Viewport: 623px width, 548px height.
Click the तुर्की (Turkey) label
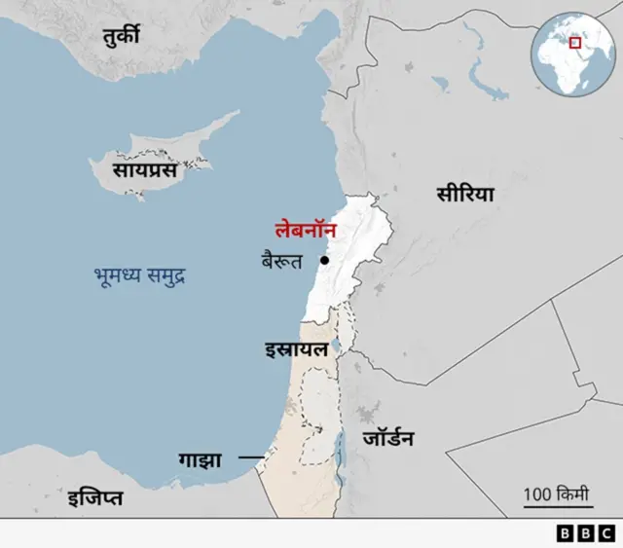[122, 37]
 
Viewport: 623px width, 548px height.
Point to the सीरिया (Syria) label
[464, 195]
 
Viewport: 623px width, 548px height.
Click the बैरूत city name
[282, 260]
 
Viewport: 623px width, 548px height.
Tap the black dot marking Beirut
[323, 261]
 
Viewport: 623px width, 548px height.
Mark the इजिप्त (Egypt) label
[94, 499]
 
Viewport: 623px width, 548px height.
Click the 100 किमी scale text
[558, 493]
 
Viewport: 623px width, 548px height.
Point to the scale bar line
[558, 508]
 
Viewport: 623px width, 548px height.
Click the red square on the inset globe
[575, 43]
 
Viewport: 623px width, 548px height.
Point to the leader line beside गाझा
[251, 457]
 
